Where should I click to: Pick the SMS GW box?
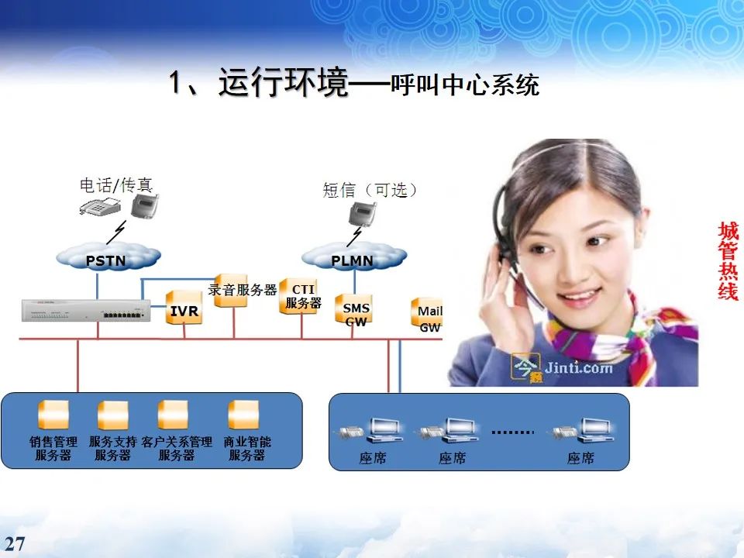pos(355,312)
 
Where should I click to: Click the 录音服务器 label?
pos(243,290)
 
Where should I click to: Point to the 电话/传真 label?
pos(116,184)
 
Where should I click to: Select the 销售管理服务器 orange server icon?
pos(53,415)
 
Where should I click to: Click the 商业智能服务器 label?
pos(247,449)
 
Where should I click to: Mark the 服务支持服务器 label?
pos(112,449)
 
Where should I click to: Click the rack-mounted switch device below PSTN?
pos(84,311)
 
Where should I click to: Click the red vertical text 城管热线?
pos(728,261)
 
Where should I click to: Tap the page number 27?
pos(15,544)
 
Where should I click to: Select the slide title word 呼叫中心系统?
pos(465,84)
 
